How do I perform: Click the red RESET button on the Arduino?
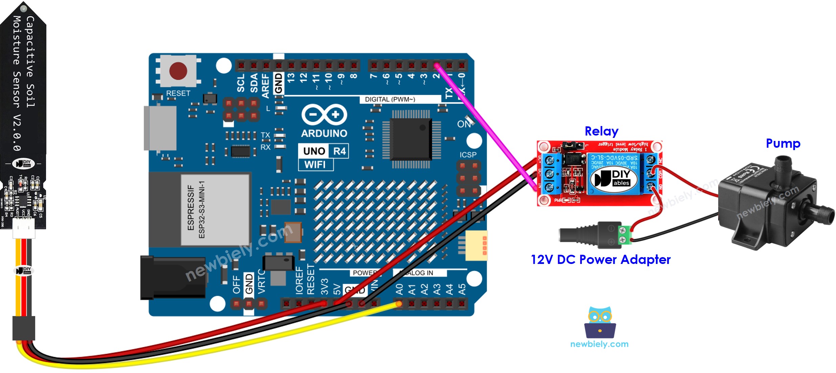pyautogui.click(x=178, y=70)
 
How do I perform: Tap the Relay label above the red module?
pyautogui.click(x=601, y=131)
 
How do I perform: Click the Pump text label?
pyautogui.click(x=783, y=143)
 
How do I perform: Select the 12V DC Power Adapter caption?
pyautogui.click(x=600, y=260)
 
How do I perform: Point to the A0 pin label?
pyautogui.click(x=399, y=289)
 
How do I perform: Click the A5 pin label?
pyautogui.click(x=462, y=289)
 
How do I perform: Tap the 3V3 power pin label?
pyautogui.click(x=324, y=287)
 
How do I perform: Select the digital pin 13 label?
pyautogui.click(x=291, y=78)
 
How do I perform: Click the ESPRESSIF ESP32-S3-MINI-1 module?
pyautogui.click(x=215, y=210)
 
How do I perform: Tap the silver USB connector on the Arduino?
pyautogui.click(x=160, y=128)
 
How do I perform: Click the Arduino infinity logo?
pyautogui.click(x=324, y=115)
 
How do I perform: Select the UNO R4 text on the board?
pyautogui.click(x=324, y=151)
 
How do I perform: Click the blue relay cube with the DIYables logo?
pyautogui.click(x=613, y=174)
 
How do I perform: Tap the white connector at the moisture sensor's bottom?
pyautogui.click(x=24, y=228)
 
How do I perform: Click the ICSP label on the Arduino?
pyautogui.click(x=468, y=155)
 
